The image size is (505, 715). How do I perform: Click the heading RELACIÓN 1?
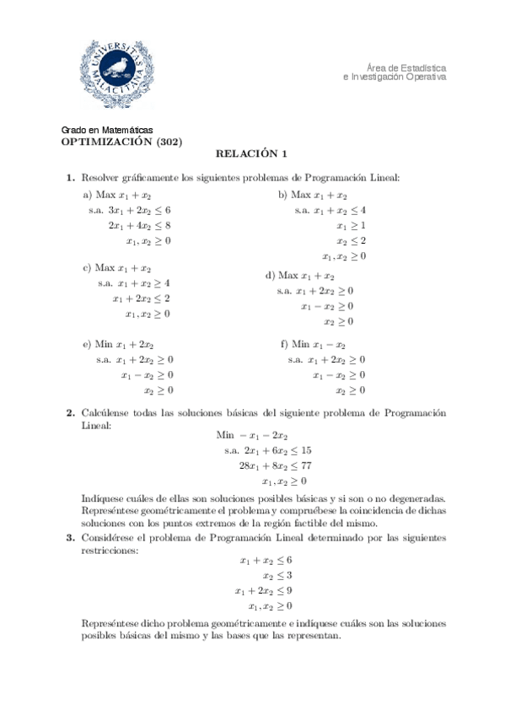point(252,154)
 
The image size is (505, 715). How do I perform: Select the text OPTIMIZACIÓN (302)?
point(121,142)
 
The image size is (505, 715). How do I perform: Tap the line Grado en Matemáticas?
point(108,130)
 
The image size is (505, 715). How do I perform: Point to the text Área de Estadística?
point(406,67)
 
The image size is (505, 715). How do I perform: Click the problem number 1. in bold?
point(71,178)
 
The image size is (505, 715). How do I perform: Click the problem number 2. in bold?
point(71,413)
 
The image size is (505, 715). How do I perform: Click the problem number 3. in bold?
point(71,537)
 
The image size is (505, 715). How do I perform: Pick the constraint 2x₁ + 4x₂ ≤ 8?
point(140,225)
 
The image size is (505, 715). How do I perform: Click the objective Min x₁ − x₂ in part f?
point(313,344)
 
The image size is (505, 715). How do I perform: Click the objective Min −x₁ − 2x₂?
point(252,435)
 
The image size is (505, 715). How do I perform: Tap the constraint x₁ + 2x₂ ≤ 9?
point(264,590)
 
